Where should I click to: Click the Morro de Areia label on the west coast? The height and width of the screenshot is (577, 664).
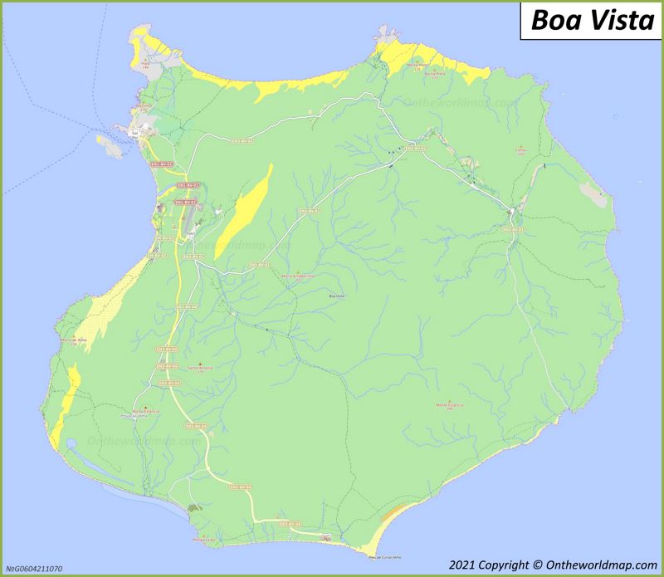click(74, 341)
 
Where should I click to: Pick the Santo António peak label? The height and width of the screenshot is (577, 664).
click(201, 367)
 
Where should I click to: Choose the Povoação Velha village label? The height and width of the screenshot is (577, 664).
click(134, 417)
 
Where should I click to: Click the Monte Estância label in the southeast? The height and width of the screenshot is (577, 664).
click(449, 404)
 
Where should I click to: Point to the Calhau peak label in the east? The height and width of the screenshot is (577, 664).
click(521, 151)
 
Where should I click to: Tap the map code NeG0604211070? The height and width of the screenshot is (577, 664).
click(32, 569)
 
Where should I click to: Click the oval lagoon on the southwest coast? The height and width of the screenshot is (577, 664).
click(73, 446)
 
